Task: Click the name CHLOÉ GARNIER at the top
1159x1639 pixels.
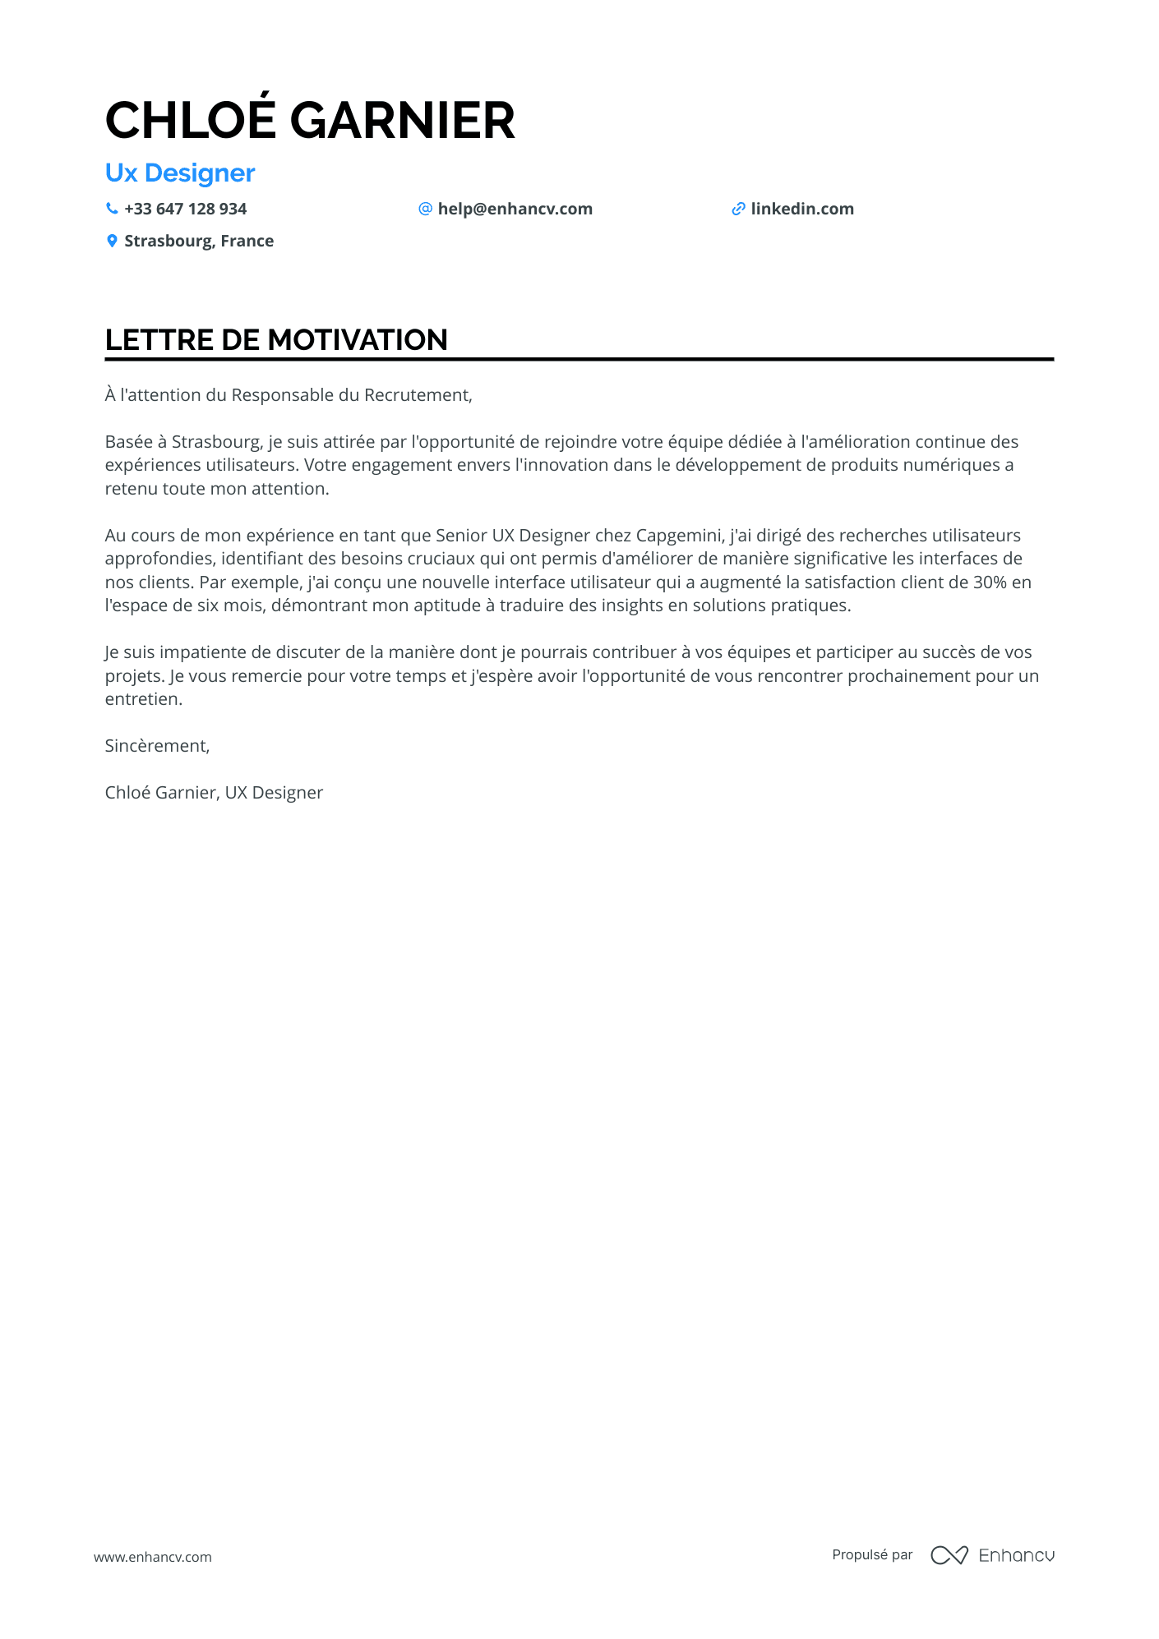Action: coord(310,121)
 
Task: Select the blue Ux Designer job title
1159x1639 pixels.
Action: coord(180,173)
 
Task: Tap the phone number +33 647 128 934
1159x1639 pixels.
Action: coord(185,209)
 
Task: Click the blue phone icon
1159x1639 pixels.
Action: coord(112,209)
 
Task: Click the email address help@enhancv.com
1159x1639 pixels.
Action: coord(515,209)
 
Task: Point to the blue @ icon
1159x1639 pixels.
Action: coord(425,209)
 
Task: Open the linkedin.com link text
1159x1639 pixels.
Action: coord(801,209)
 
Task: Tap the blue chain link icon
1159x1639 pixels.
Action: coord(738,209)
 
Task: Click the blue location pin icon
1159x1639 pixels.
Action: coord(112,241)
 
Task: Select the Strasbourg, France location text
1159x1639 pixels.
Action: coord(199,242)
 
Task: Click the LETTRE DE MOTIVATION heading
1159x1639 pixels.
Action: coord(276,340)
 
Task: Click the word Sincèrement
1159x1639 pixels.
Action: coord(157,746)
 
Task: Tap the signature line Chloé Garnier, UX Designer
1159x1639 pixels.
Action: coord(214,793)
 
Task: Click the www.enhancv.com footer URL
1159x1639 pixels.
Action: coord(153,1557)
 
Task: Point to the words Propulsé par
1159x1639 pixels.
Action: coord(872,1554)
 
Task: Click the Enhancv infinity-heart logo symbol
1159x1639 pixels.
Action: coord(949,1555)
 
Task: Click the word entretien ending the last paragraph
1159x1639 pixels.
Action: coord(142,699)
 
